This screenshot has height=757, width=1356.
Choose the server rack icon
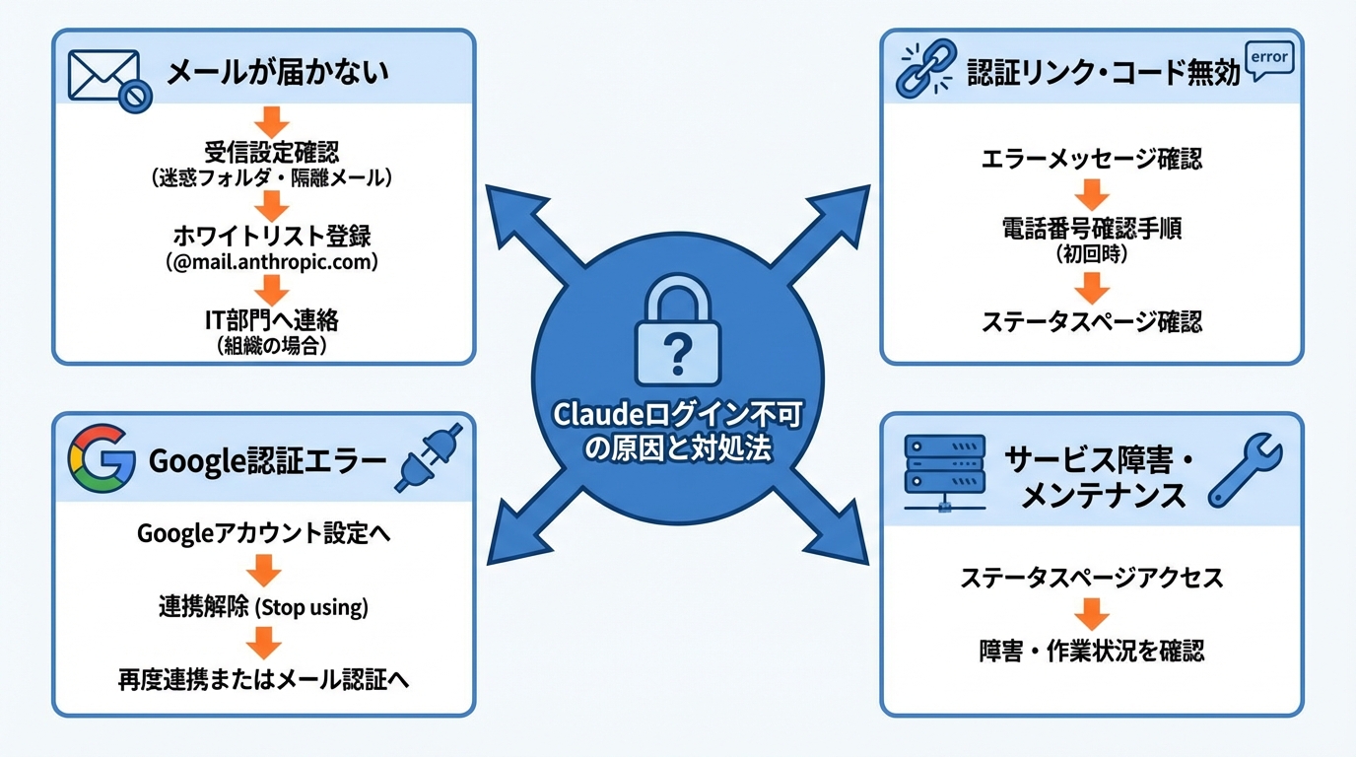pos(944,472)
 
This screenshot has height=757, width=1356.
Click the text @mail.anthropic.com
pos(272,264)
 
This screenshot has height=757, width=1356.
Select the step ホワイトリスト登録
pos(272,238)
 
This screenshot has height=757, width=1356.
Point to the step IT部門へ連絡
pos(272,320)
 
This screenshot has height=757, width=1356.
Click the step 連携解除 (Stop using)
pos(263,607)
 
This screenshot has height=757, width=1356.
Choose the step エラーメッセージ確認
pos(1091,159)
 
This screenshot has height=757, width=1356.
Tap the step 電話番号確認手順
pos(1091,230)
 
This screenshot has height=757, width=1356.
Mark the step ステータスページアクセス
pos(1091,578)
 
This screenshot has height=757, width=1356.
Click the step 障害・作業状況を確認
pos(1091,651)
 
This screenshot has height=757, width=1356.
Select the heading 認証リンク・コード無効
pos(1103,73)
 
